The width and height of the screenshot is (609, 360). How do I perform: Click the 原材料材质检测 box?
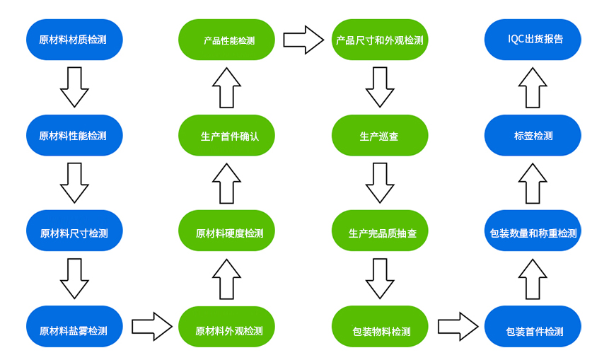click(74, 39)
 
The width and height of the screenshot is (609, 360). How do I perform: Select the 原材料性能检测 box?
click(74, 135)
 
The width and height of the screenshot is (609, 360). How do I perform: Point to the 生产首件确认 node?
click(227, 135)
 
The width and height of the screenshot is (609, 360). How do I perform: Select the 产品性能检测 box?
click(227, 39)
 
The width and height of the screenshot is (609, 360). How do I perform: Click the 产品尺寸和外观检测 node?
click(380, 39)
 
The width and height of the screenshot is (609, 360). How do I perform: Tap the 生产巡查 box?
click(380, 135)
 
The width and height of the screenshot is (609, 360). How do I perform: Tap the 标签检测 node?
click(533, 135)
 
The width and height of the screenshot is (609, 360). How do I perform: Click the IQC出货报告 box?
click(533, 39)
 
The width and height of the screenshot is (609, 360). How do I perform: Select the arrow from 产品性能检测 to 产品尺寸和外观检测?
click(303, 39)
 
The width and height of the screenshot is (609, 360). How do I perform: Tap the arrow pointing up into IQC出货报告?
click(533, 87)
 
